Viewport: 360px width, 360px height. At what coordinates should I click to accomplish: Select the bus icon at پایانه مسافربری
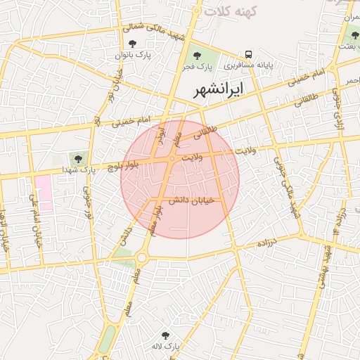coord(248,54)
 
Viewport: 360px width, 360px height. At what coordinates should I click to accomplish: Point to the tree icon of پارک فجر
coord(195,56)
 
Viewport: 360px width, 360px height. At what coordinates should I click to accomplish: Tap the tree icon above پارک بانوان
coord(132,44)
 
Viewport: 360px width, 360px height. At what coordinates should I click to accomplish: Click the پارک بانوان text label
coord(134,55)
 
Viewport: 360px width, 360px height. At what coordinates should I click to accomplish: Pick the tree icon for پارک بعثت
coord(354,35)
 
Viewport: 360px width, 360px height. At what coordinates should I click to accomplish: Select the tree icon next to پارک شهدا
coord(77,158)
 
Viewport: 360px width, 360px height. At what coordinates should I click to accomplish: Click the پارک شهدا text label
coord(78,169)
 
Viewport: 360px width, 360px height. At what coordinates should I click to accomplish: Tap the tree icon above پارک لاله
coord(166,336)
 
